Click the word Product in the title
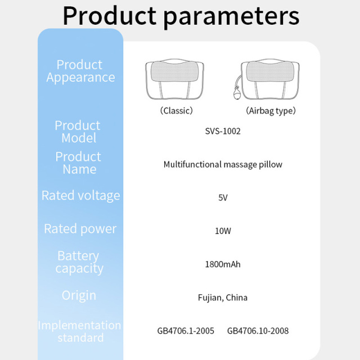[110, 16]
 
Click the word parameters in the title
[231, 17]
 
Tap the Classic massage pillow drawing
[175, 79]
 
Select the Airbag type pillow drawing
[267, 79]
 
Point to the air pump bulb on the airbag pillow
[237, 93]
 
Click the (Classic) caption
[176, 111]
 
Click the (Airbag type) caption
[271, 111]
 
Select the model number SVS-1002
[223, 131]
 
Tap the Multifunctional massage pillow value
[223, 164]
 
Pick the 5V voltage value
[223, 197]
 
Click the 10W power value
[223, 231]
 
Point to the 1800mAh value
[223, 264]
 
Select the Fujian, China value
[223, 298]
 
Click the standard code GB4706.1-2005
[186, 331]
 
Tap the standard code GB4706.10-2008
[258, 331]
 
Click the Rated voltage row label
[81, 196]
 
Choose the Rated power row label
[80, 229]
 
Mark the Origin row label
[79, 295]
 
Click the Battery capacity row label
[79, 262]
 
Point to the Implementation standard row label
[79, 331]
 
